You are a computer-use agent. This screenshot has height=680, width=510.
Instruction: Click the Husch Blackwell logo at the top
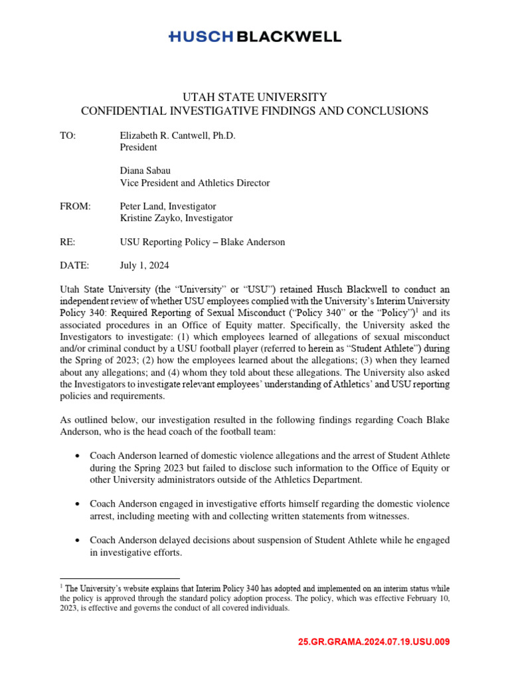(255, 37)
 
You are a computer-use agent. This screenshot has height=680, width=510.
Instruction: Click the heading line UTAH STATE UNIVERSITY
(254, 97)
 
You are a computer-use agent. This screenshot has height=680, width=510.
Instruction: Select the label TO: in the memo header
(68, 135)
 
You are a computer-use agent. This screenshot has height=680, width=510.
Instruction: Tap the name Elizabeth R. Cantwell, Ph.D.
(177, 135)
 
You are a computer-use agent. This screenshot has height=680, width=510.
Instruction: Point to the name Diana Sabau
(146, 171)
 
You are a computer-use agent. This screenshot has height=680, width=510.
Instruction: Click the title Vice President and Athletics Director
(195, 183)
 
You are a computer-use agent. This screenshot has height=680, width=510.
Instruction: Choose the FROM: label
(74, 207)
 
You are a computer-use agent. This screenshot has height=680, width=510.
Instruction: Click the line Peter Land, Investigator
(167, 207)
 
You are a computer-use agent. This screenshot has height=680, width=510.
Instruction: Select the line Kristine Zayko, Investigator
(176, 218)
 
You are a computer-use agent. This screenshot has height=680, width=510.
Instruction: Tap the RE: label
(67, 242)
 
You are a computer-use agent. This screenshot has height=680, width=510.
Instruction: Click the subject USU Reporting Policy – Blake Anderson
(202, 242)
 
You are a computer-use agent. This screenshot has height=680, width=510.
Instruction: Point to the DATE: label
(74, 266)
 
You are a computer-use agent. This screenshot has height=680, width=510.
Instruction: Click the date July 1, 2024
(144, 266)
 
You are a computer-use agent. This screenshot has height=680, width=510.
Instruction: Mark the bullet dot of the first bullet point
(78, 456)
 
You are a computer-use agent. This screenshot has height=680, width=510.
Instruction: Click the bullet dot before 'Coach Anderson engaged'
(78, 504)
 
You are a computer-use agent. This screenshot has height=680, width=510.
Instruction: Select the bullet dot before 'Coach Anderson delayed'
(78, 540)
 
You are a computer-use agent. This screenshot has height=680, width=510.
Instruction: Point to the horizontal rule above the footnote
(120, 578)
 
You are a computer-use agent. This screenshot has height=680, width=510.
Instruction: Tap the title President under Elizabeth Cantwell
(138, 147)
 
